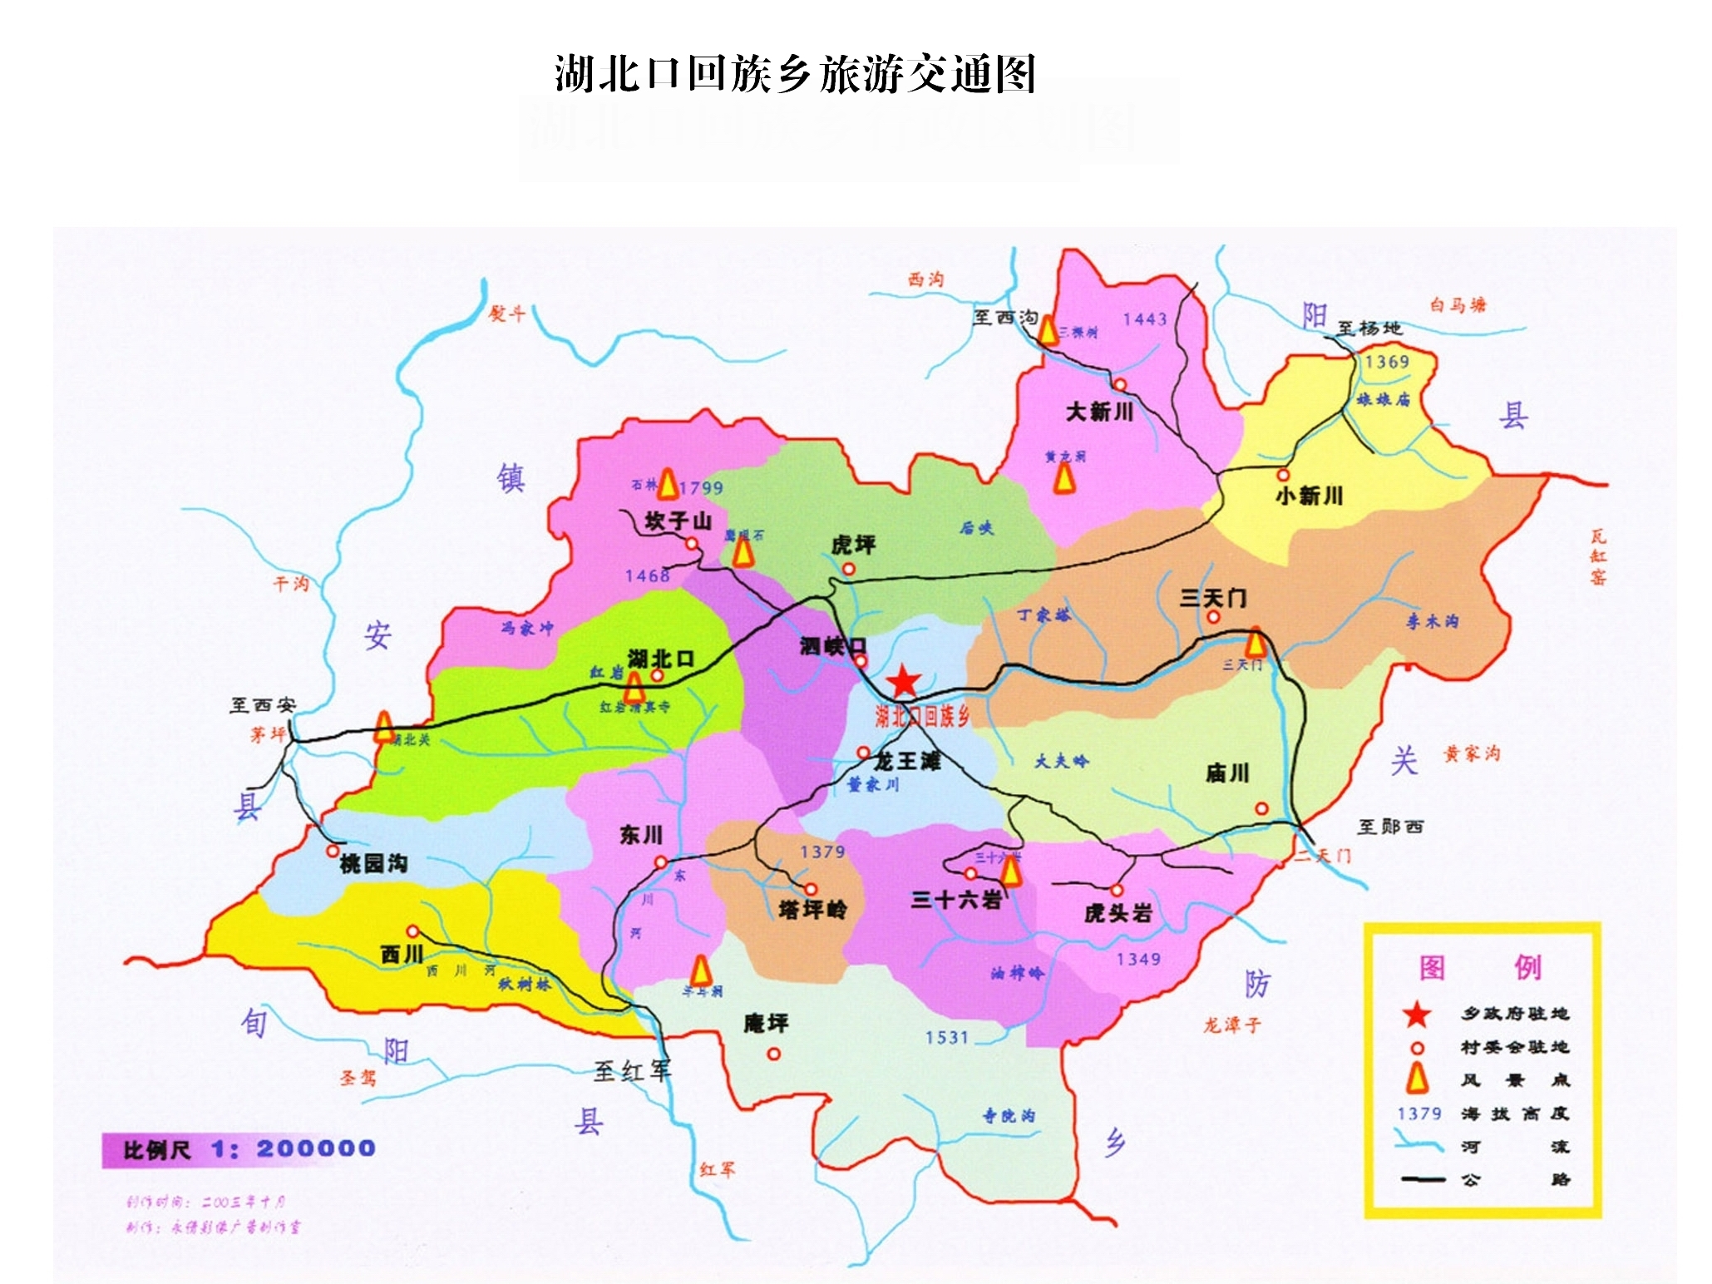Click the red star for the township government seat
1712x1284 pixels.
[x=903, y=682]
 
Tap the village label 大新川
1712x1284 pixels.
[x=1099, y=412]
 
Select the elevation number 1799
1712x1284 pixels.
[x=701, y=488]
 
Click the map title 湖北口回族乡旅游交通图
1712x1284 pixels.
[x=795, y=74]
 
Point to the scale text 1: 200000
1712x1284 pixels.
[x=293, y=1149]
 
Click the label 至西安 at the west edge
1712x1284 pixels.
[x=263, y=705]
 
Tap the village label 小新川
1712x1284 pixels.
[x=1309, y=496]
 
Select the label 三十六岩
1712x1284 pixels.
[x=955, y=900]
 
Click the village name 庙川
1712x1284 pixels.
[x=1227, y=773]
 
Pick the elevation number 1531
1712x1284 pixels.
[x=947, y=1037]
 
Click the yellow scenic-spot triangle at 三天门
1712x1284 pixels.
[x=1256, y=643]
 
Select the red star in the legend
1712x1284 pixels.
[x=1417, y=1015]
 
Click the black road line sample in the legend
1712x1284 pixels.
[x=1423, y=1179]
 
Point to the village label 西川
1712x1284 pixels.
[x=402, y=954]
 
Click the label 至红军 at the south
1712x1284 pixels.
[x=632, y=1071]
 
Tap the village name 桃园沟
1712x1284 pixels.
[x=373, y=864]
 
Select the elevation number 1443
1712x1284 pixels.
[x=1144, y=319]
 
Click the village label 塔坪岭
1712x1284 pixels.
[x=812, y=911]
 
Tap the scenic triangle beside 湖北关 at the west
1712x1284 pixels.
[x=383, y=727]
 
